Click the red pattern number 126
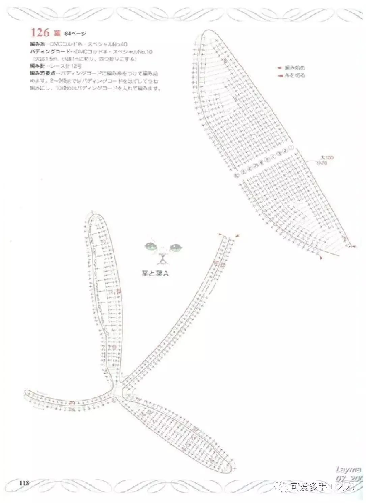(x=40, y=33)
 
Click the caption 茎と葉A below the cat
(x=155, y=274)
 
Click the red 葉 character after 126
(x=56, y=33)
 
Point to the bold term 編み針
(x=36, y=66)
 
